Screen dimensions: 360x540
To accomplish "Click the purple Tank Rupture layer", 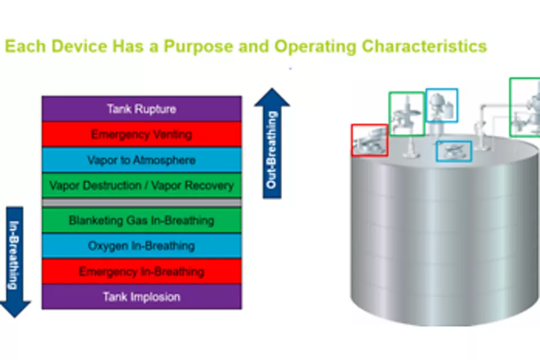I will click(x=141, y=109).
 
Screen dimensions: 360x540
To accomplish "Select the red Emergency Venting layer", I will click(x=141, y=134).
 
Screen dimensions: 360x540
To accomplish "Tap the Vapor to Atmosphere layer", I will click(x=141, y=160).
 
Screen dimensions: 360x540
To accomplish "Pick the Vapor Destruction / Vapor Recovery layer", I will click(x=141, y=186).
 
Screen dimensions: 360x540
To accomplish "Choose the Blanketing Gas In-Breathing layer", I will click(x=141, y=220).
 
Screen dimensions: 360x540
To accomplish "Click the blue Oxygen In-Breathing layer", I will click(x=141, y=246).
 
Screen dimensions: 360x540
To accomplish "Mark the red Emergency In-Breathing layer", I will click(x=141, y=272).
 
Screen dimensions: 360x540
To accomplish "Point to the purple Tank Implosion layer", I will click(x=141, y=296).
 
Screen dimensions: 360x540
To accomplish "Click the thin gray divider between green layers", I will click(x=141, y=202).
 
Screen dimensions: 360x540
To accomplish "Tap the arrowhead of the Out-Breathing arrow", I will click(x=272, y=97).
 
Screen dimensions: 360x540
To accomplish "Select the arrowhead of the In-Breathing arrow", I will click(x=15, y=308).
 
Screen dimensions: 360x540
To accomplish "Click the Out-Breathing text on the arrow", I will click(x=272, y=151).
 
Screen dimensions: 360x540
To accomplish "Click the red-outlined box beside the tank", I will click(x=370, y=140).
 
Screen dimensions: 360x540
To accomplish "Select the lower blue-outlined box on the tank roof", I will click(x=454, y=151).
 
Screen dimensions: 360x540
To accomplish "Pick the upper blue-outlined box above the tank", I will click(x=442, y=105).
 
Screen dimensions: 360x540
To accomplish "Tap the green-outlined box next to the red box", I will click(x=406, y=114).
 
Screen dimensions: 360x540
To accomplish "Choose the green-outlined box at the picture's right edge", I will click(x=525, y=107).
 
